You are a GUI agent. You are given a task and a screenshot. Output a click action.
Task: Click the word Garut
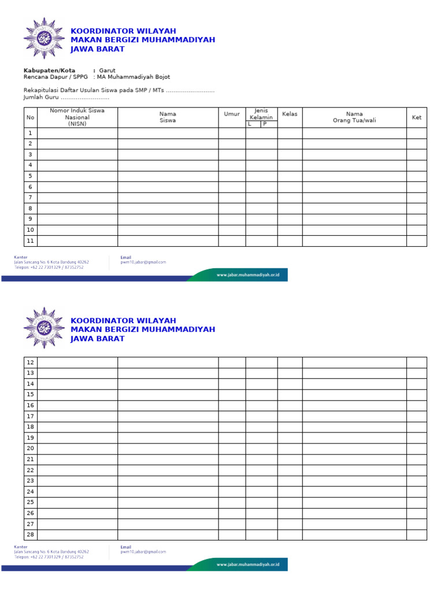(107, 71)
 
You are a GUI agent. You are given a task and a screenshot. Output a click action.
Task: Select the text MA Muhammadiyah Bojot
(134, 77)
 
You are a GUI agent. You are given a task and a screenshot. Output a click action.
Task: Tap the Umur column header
(232, 114)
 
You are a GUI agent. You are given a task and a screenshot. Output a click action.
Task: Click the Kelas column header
(290, 114)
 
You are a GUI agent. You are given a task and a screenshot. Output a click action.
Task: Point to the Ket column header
(416, 117)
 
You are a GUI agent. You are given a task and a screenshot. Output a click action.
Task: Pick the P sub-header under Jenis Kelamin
(265, 124)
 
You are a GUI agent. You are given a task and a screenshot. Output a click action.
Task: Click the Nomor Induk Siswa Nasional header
(77, 117)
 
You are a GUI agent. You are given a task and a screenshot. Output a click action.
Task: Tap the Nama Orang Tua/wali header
(354, 117)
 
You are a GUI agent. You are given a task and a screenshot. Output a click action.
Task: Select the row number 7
(30, 198)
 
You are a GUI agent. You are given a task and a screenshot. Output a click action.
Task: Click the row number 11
(31, 241)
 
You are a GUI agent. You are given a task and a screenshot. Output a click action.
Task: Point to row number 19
(31, 438)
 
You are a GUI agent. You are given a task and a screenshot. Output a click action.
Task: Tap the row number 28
(31, 535)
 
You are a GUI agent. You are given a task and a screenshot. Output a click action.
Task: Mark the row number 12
(31, 362)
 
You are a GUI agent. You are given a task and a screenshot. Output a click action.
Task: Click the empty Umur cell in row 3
(232, 154)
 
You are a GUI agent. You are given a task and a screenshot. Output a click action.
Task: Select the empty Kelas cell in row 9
(290, 219)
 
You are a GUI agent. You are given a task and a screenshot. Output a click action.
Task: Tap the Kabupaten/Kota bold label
(49, 71)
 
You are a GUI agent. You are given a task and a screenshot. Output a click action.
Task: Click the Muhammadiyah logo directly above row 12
(44, 328)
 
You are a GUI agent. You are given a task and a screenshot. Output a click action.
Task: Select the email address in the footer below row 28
(143, 552)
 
